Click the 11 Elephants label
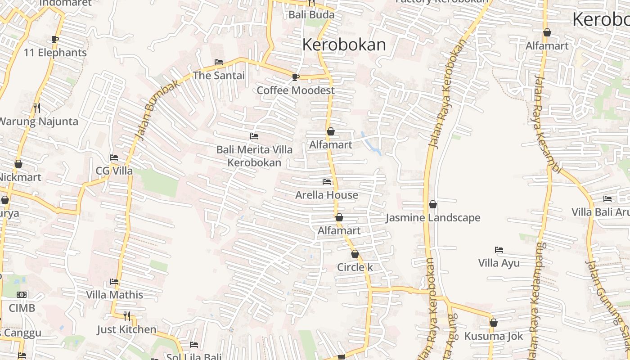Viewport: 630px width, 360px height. (x=55, y=53)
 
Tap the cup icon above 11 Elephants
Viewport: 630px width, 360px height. (x=55, y=39)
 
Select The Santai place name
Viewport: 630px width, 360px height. (x=219, y=76)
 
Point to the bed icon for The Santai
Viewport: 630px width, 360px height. (x=219, y=62)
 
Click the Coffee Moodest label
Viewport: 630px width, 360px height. (x=296, y=90)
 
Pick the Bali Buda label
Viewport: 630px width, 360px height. (x=311, y=15)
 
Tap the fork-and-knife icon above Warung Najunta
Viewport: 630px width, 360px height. (x=37, y=108)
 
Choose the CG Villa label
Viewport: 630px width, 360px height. (x=114, y=171)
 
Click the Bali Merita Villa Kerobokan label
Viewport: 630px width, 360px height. (x=254, y=156)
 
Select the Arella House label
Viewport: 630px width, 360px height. (x=327, y=195)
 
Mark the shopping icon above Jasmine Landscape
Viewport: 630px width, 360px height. (x=433, y=204)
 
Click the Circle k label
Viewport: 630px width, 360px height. (x=355, y=267)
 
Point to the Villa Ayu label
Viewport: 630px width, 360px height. (x=499, y=263)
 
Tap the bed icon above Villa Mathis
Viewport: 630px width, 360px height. (x=114, y=282)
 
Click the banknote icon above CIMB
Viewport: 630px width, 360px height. (x=22, y=295)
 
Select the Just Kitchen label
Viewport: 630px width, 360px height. (x=127, y=330)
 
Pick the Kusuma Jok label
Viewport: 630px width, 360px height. (x=494, y=336)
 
